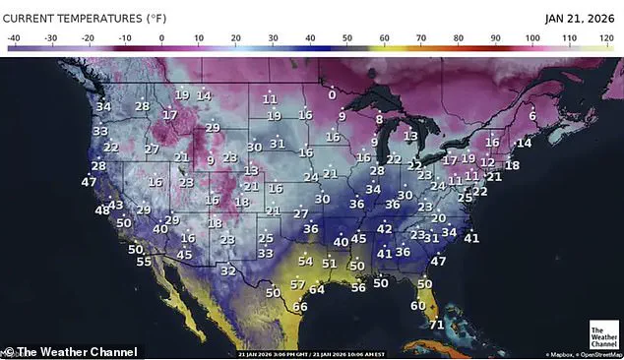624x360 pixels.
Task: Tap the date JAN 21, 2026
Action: [x=581, y=18]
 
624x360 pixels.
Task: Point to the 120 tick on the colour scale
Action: [x=606, y=37]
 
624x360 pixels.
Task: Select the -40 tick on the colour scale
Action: [x=14, y=37]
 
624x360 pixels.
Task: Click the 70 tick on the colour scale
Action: [x=421, y=37]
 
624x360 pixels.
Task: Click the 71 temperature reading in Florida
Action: [x=437, y=325]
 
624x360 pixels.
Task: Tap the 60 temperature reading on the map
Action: [x=417, y=305]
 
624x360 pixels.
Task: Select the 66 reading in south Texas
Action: [x=300, y=306]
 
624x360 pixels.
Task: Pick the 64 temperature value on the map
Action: [x=316, y=289]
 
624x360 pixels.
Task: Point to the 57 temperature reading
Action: [x=297, y=284]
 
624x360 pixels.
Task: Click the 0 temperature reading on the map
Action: [x=332, y=94]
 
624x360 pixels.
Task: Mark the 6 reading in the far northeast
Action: [x=532, y=115]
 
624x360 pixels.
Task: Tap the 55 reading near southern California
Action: [x=144, y=262]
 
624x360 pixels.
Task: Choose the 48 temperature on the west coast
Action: [x=102, y=210]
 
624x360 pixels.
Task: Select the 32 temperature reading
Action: [x=227, y=270]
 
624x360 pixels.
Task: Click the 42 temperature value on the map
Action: [x=385, y=229]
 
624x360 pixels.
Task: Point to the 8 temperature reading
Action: [x=379, y=119]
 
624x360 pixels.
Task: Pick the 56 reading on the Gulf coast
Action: [x=358, y=286]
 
